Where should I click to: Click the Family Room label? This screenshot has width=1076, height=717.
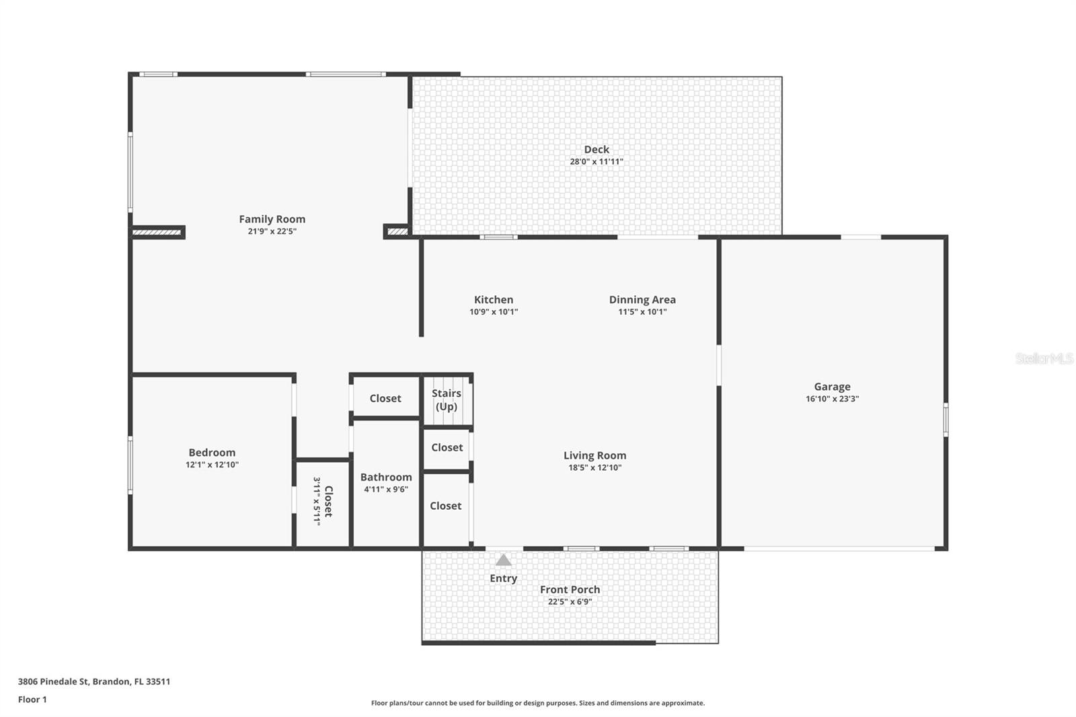coord(272,219)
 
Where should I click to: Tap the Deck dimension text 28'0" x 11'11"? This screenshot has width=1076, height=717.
coord(597,161)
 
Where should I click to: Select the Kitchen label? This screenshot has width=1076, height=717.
coord(494,300)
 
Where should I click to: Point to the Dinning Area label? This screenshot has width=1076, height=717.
coord(642,300)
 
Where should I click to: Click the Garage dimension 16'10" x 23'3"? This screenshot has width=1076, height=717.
coord(832,399)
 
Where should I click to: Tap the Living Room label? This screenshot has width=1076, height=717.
coord(594,456)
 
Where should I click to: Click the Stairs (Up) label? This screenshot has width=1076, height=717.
coord(447,400)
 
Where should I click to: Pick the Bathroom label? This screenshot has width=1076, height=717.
coord(386,478)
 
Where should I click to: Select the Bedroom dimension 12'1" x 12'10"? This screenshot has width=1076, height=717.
coord(212,465)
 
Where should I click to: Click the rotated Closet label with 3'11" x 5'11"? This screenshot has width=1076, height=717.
coord(323,501)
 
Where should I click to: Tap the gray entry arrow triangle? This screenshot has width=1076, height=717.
coord(503,560)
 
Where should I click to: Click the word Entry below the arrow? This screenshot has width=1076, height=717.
coord(503,578)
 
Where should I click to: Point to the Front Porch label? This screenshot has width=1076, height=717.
coord(570,590)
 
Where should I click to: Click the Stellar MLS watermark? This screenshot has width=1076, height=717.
coord(1044,358)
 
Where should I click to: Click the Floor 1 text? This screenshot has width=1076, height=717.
coord(32,700)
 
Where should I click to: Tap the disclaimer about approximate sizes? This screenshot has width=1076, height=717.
coord(538,703)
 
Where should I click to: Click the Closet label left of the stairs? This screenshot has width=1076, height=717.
coord(385,399)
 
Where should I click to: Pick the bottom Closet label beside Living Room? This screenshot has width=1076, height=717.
coord(445,506)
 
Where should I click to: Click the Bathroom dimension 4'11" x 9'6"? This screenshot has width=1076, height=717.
coord(386,490)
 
